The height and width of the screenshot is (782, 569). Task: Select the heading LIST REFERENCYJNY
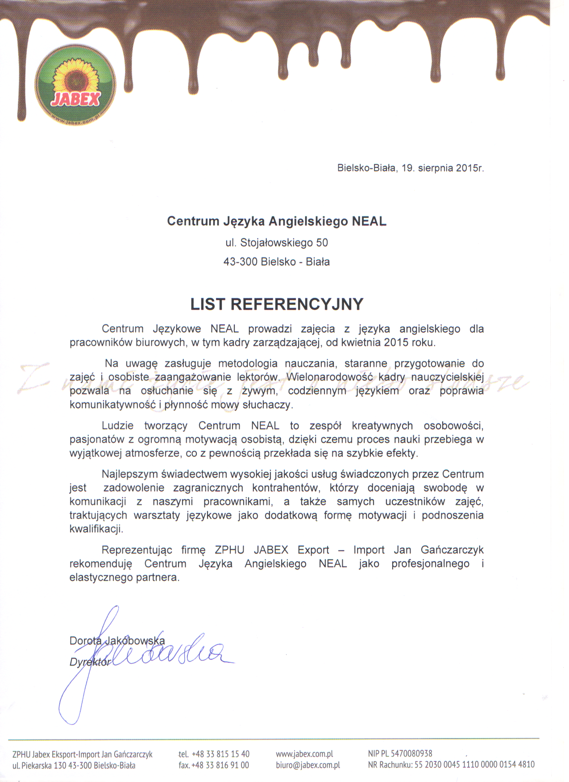pyautogui.click(x=277, y=304)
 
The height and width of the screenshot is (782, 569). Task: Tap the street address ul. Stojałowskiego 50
pyautogui.click(x=277, y=243)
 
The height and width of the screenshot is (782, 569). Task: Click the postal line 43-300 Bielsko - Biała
pyautogui.click(x=277, y=262)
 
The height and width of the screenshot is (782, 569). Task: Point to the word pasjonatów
pyautogui.click(x=97, y=439)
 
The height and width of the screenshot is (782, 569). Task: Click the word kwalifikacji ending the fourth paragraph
pyautogui.click(x=96, y=529)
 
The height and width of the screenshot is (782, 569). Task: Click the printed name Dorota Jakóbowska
pyautogui.click(x=117, y=641)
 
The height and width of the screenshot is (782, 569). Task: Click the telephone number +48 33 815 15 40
pyautogui.click(x=220, y=754)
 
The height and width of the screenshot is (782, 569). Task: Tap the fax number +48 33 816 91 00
pyautogui.click(x=220, y=765)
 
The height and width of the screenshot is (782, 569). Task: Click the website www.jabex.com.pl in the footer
pyautogui.click(x=304, y=754)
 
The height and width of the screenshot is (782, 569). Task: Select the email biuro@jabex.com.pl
pyautogui.click(x=308, y=765)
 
